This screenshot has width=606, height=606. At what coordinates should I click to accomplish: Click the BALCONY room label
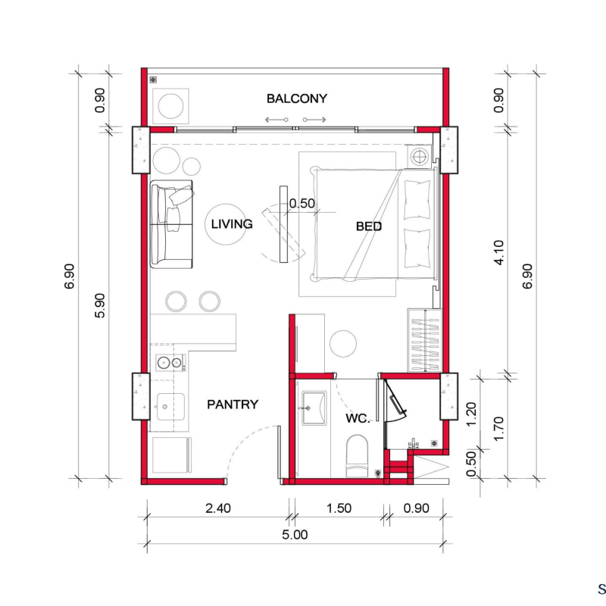297,98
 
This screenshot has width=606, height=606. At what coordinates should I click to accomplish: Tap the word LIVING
232,223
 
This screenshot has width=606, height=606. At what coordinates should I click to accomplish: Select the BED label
369,226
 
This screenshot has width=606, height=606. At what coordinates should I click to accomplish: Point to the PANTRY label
233,405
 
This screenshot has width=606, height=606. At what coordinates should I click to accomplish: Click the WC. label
358,418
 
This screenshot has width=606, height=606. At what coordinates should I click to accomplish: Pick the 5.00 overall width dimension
295,535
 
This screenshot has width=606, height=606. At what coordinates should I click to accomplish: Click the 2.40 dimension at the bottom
218,508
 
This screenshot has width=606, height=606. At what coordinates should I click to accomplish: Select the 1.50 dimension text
339,508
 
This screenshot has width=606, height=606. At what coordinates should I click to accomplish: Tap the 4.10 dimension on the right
499,252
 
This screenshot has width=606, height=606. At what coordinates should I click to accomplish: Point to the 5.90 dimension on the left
100,305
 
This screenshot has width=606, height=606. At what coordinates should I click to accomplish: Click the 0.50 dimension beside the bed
301,203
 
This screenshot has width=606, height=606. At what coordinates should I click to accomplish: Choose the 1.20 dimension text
471,414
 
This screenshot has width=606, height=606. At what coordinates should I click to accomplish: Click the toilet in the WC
357,456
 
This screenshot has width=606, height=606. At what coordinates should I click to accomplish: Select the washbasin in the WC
314,408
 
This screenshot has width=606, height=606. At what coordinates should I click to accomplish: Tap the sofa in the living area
171,224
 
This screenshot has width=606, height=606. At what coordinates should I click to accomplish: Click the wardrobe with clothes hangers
424,340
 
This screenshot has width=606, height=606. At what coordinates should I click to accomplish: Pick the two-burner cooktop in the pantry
170,363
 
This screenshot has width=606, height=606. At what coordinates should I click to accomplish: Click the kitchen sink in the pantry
170,407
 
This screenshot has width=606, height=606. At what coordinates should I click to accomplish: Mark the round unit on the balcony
171,106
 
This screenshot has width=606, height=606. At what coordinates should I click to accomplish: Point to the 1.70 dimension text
499,428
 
